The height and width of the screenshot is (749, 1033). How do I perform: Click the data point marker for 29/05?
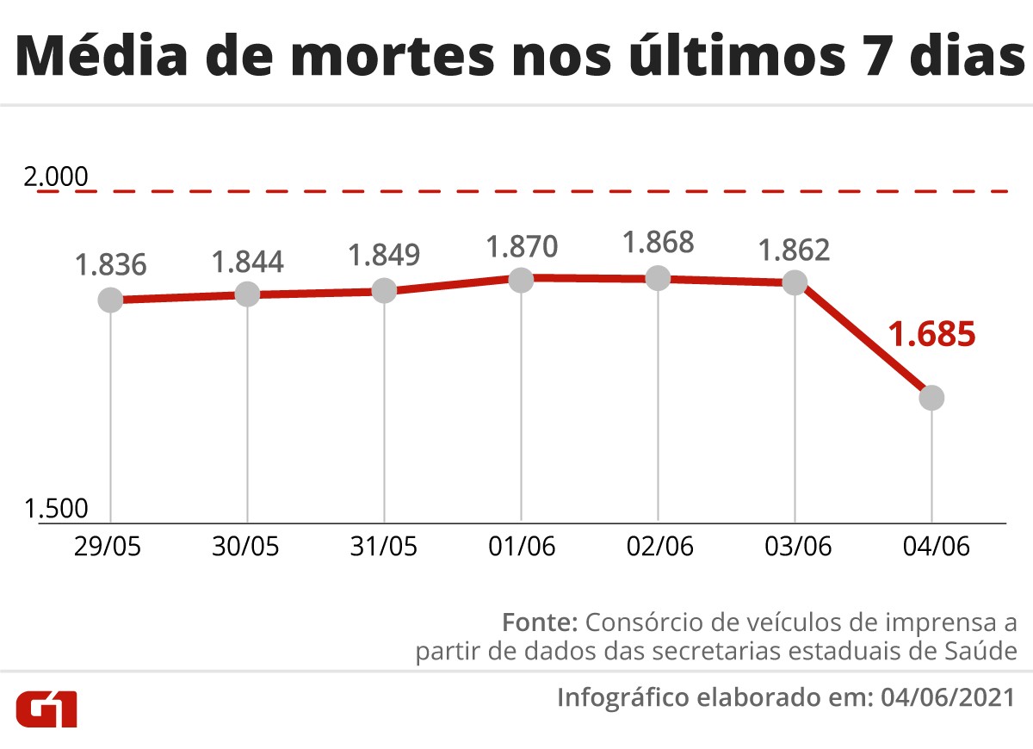110,300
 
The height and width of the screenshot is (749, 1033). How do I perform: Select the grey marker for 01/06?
521,279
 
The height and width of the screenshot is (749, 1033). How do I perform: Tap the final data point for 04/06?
931,398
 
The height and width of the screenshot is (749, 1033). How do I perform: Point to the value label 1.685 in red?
931,334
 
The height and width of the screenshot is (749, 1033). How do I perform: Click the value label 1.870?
522,246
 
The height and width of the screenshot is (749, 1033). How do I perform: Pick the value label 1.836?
110,265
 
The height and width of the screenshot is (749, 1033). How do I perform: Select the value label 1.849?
384,256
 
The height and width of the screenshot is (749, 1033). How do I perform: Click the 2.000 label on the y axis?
57,178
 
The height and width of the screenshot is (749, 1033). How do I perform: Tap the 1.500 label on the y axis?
57,508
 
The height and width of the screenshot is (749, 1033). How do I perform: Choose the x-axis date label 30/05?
246,547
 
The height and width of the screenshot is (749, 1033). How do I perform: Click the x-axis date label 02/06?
658,547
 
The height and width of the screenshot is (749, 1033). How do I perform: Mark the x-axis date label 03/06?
795,547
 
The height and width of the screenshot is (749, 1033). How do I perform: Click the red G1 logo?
47,707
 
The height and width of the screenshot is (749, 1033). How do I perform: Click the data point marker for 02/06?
658,278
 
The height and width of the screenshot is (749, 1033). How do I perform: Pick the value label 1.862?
794,250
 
